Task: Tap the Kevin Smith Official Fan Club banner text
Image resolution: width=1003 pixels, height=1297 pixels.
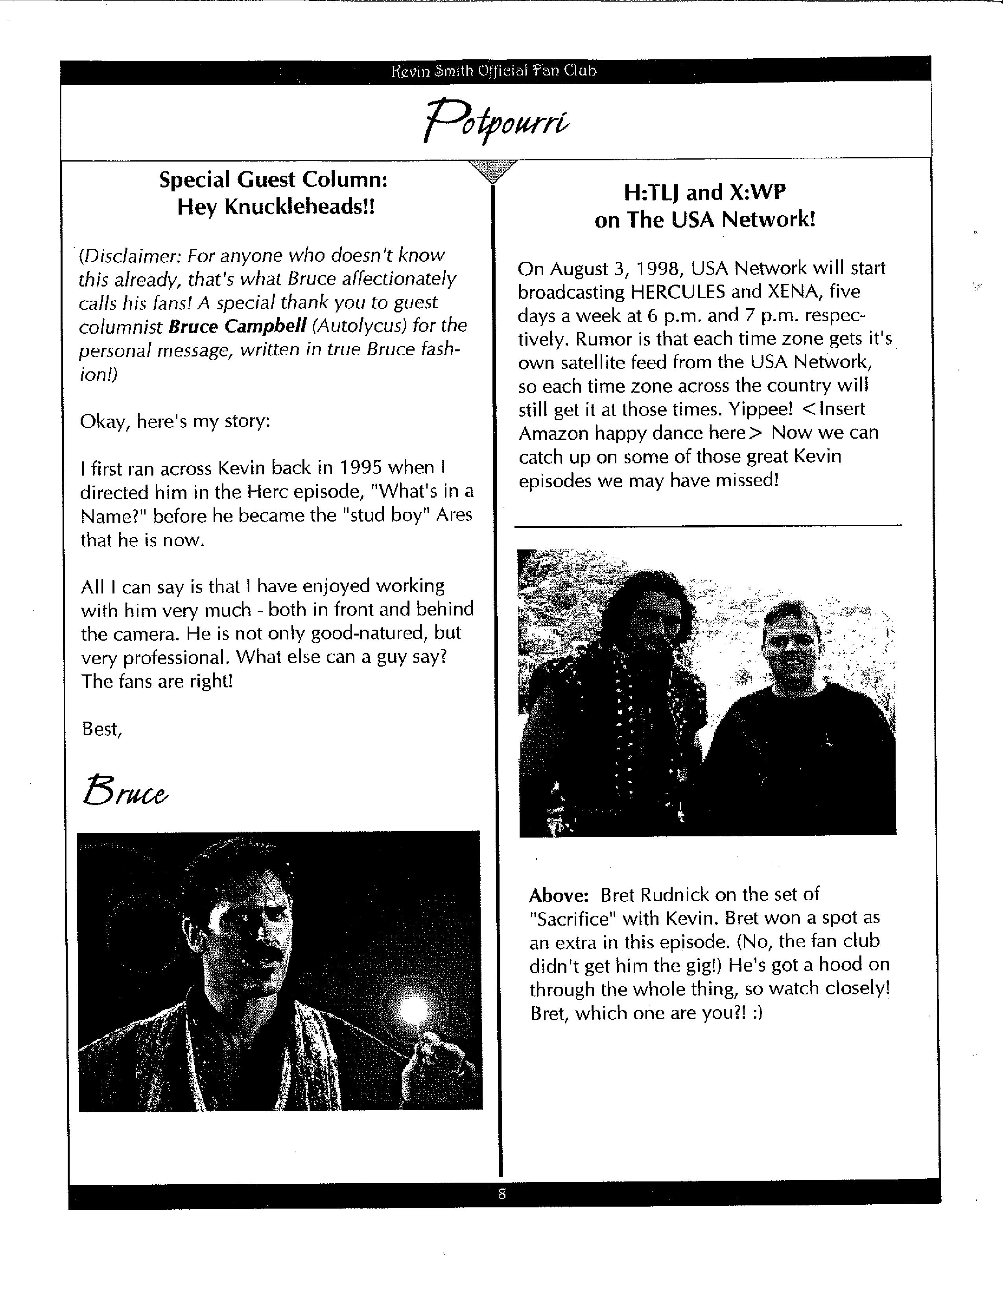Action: click(x=494, y=71)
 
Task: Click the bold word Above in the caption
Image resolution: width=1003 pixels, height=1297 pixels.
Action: click(x=559, y=895)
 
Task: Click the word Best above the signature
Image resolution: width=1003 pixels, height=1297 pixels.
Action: click(x=101, y=729)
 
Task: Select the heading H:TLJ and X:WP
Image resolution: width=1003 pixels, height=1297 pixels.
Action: click(x=705, y=193)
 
